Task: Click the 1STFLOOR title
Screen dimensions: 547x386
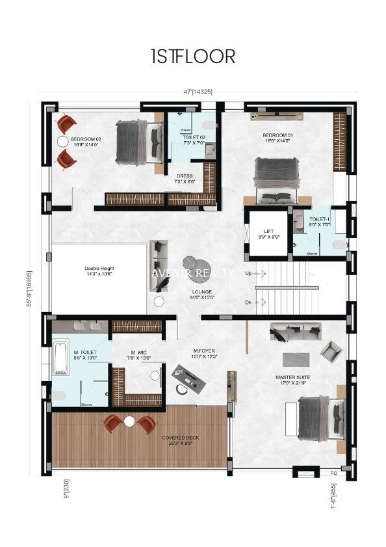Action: click(x=192, y=56)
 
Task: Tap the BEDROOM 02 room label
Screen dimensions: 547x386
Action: click(x=86, y=141)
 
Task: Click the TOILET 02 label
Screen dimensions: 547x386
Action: click(x=194, y=139)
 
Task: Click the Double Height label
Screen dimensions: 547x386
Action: click(x=99, y=271)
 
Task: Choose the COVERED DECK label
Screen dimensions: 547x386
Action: click(x=181, y=440)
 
